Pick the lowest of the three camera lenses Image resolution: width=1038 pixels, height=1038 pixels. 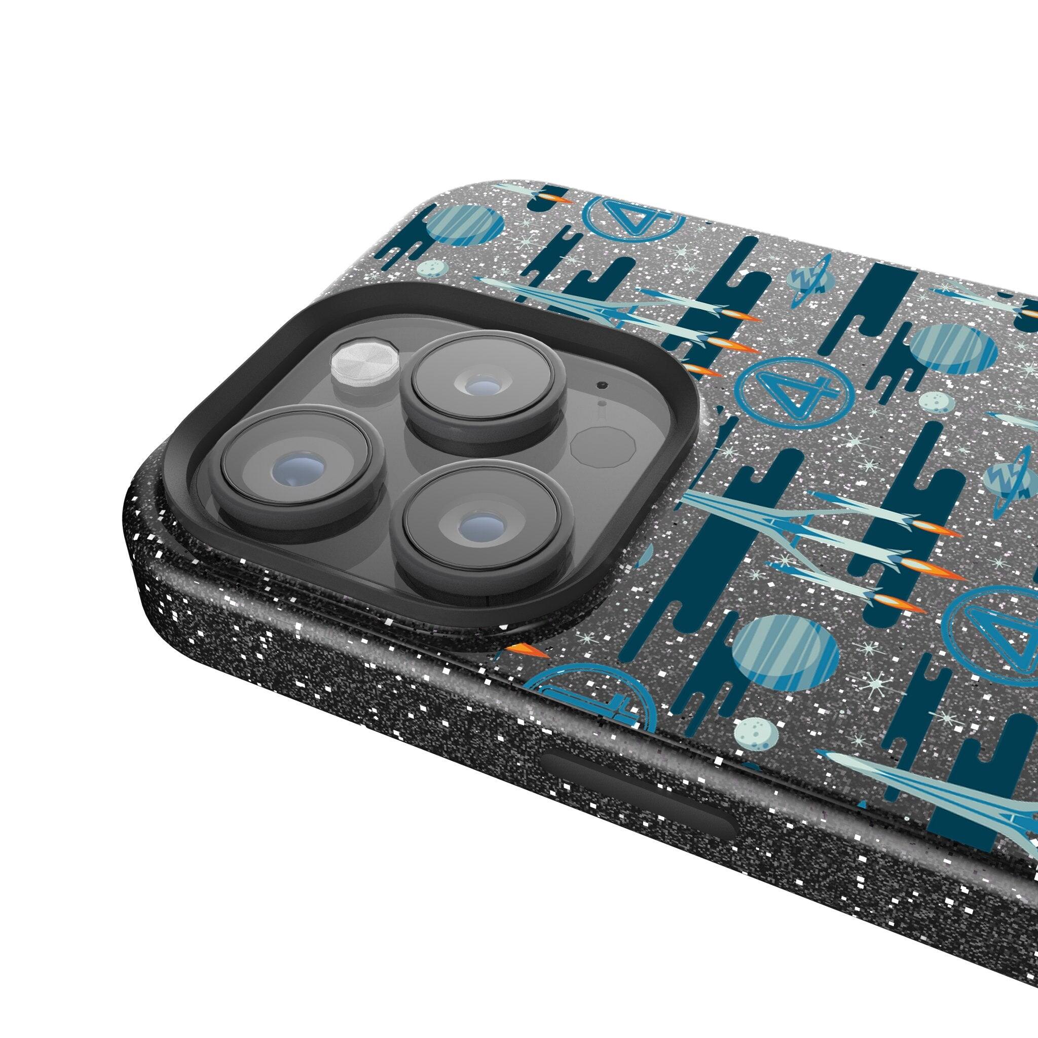pos(481,523)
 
